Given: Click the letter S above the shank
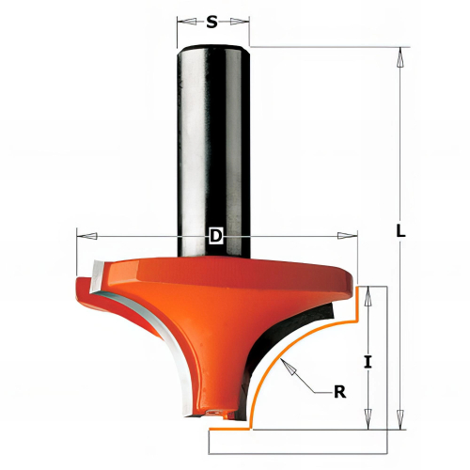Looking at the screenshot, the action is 211,22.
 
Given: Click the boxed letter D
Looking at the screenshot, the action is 215,236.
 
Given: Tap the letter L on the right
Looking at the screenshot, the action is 400,230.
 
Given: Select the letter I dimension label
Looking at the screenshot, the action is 368,362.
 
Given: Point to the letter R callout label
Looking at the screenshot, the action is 340,391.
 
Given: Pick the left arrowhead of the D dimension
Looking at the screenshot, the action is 86,236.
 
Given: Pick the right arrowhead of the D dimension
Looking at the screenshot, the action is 347,236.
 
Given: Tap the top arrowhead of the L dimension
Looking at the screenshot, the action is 399,57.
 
